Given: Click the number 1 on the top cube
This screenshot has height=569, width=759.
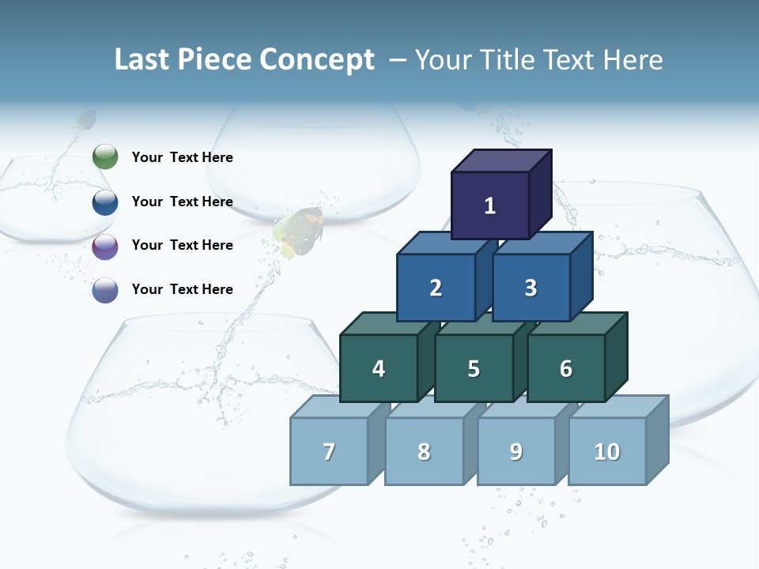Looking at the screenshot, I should [490, 206].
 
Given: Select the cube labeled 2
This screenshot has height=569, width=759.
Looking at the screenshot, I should [436, 288].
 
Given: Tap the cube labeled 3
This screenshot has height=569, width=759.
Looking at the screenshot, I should [531, 288].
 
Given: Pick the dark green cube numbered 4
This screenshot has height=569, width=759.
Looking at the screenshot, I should [379, 369].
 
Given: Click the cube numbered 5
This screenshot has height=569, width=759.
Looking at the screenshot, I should [474, 369].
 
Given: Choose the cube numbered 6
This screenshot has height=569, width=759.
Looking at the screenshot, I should [566, 369].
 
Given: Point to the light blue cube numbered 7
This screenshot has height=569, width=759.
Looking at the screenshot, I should [329, 452].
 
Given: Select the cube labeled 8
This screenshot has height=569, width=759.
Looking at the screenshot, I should [424, 452].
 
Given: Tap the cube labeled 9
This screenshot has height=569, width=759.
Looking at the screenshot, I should [516, 452].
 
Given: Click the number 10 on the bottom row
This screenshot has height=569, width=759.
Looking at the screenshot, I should [606, 452].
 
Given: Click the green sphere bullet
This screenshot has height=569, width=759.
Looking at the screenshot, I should [105, 157].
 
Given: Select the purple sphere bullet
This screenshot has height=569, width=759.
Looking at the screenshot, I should [105, 247].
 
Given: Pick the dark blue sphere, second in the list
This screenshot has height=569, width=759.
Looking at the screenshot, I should [105, 202].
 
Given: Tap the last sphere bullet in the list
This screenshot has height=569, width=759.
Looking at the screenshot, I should [105, 290].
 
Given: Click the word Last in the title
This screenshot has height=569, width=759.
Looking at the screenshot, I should [142, 60].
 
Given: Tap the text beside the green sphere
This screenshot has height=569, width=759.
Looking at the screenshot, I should [182, 157].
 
